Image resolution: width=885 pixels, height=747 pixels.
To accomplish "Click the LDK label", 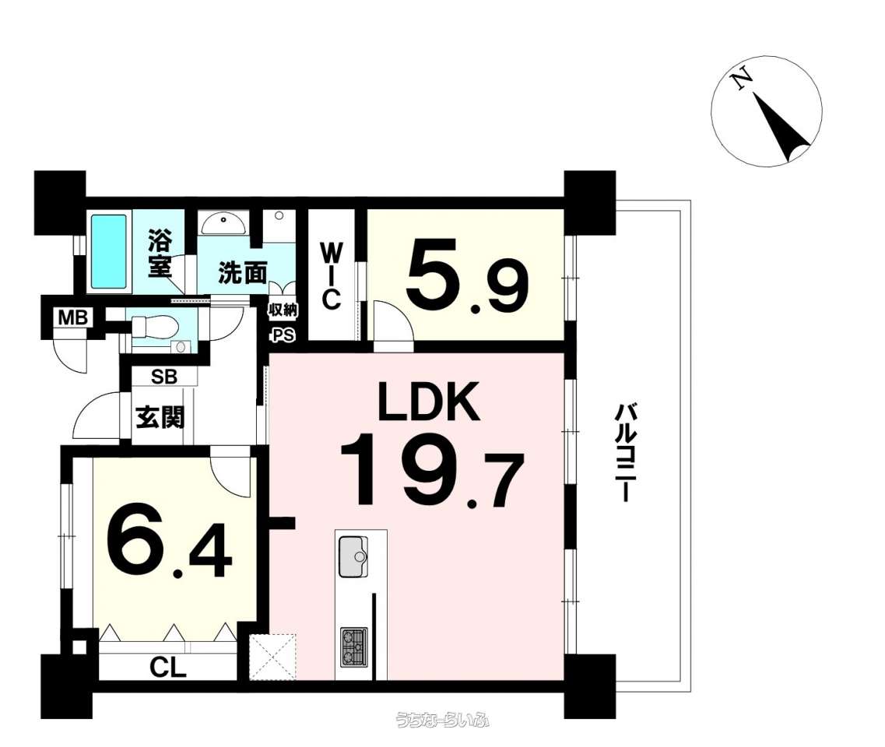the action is [x=429, y=402].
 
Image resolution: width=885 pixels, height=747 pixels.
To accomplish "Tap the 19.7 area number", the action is [x=432, y=470].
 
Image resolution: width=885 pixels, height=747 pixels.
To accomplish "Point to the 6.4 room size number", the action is [x=170, y=545].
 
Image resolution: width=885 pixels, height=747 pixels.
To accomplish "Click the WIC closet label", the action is [x=332, y=276].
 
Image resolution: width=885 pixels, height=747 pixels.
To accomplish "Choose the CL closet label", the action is [x=168, y=668].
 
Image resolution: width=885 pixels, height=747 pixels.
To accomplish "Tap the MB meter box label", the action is [x=73, y=317].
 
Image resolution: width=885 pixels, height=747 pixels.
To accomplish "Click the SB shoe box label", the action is [x=164, y=377].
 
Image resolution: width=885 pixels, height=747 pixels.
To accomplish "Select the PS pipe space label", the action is [x=283, y=335].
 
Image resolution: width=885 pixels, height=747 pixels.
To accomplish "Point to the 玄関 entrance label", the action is [x=160, y=418].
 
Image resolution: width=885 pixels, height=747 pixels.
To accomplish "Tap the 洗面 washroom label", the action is [x=243, y=273].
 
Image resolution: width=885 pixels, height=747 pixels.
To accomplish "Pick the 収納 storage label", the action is [x=283, y=310].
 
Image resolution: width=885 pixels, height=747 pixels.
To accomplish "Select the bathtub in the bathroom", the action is [x=109, y=251].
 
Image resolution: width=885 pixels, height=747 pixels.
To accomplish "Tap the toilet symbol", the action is [x=155, y=327].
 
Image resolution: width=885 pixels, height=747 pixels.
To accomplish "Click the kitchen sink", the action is [x=353, y=557].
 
